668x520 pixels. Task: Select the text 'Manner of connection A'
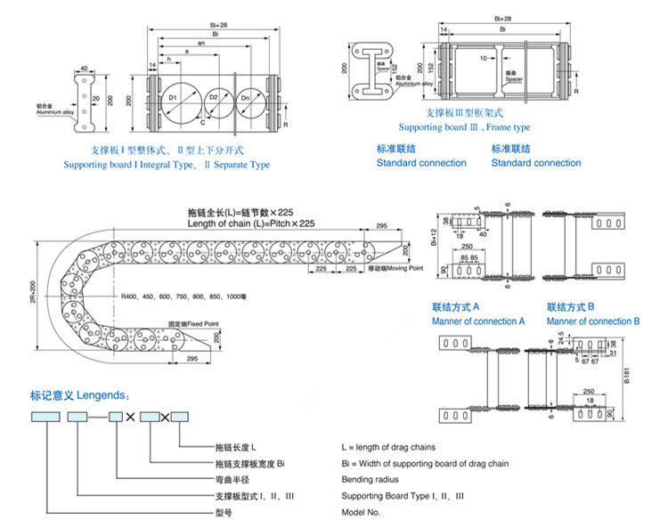point(478,321)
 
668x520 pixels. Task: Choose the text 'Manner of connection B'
point(593,321)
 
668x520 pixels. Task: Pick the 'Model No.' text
point(361,513)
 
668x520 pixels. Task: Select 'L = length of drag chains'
point(388,447)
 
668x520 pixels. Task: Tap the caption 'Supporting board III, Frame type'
point(463,127)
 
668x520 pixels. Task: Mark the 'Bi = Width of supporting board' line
point(425,463)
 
